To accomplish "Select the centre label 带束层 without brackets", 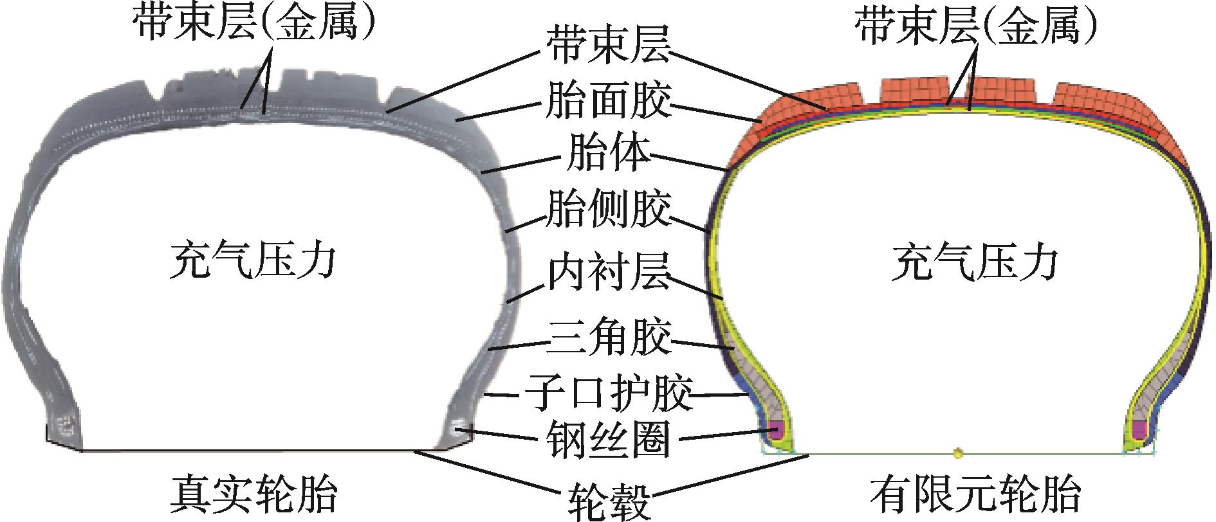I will click(608, 45).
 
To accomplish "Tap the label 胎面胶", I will click(608, 101).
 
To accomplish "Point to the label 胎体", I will click(608, 155).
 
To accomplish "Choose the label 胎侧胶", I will click(608, 209).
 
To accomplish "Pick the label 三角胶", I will click(608, 337).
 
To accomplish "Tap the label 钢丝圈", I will click(608, 441).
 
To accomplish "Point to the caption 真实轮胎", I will click(254, 494).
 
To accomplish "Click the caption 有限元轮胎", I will click(975, 494).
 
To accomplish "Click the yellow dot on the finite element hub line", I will click(959, 453).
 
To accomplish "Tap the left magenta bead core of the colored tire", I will click(777, 429).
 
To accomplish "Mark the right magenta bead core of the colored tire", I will click(1139, 429).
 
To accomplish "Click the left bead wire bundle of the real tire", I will click(66, 426).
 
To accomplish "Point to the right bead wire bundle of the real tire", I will click(459, 428).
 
